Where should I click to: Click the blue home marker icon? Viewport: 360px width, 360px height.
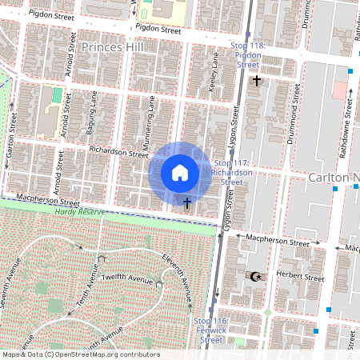pyautogui.click(x=180, y=173)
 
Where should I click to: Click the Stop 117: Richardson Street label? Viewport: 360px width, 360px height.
pyautogui.click(x=231, y=172)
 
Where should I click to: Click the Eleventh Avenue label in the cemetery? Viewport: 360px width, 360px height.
pyautogui.click(x=178, y=276)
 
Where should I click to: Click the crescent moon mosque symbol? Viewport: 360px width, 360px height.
pyautogui.click(x=256, y=276)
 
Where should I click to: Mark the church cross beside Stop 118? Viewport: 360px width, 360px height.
pyautogui.click(x=256, y=80)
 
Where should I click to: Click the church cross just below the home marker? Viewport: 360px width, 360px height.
pyautogui.click(x=186, y=203)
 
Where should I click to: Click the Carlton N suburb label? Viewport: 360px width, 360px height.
pyautogui.click(x=331, y=176)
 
